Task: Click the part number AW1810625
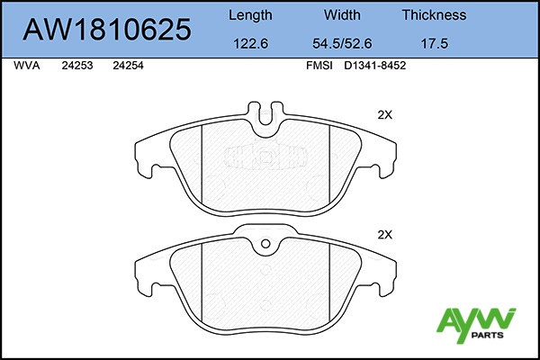click(x=107, y=30)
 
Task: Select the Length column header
click(x=250, y=15)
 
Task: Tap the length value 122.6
click(x=250, y=44)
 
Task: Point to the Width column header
click(x=342, y=14)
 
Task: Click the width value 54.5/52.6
click(x=342, y=44)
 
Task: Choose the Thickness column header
click(x=434, y=14)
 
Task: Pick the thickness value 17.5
click(x=435, y=44)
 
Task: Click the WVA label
click(x=26, y=66)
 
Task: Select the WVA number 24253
click(x=77, y=66)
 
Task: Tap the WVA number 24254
click(x=128, y=66)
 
